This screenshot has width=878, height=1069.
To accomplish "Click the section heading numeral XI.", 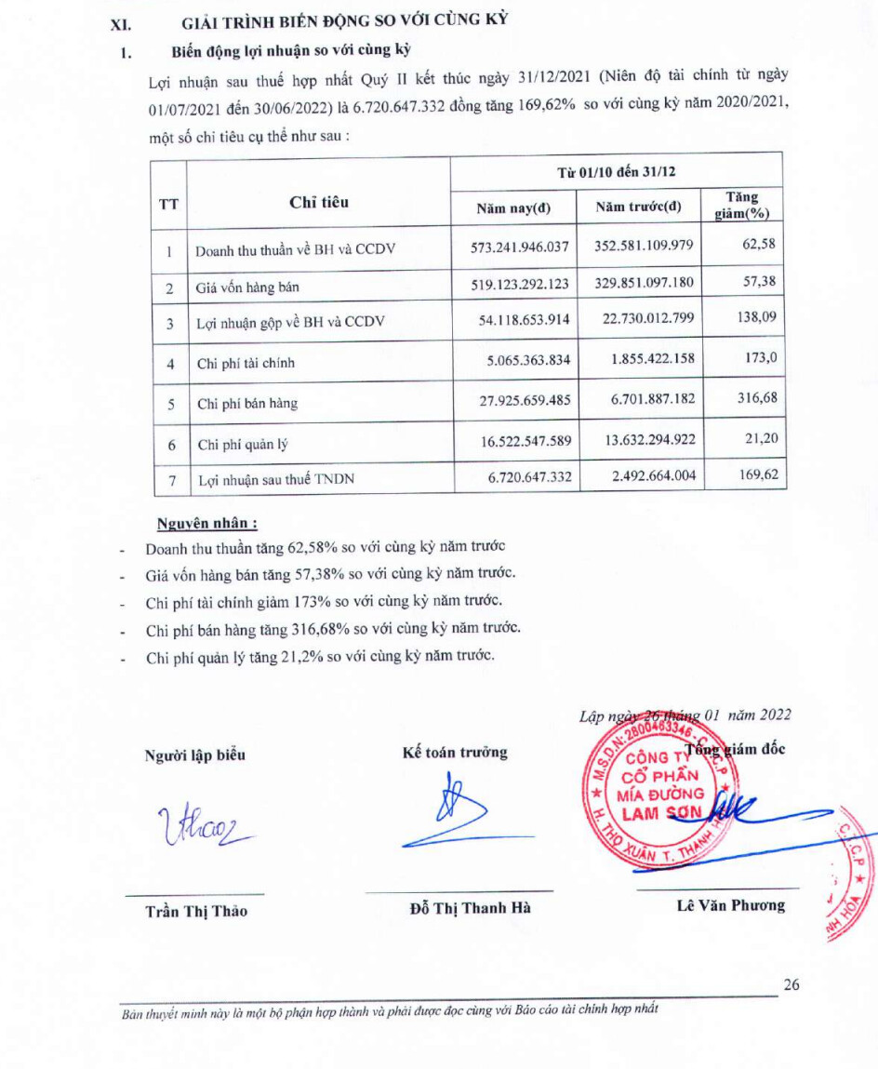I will (119, 23).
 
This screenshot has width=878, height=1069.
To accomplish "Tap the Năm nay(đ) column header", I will (513, 207).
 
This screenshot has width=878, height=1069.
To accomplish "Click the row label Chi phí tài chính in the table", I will (246, 364).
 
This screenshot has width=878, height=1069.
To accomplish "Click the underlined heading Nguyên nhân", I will (206, 523).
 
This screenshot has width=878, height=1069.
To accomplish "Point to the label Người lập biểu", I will (195, 755).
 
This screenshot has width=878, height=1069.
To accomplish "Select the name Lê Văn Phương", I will (730, 904).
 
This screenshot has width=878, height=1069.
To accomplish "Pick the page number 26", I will (791, 985).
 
